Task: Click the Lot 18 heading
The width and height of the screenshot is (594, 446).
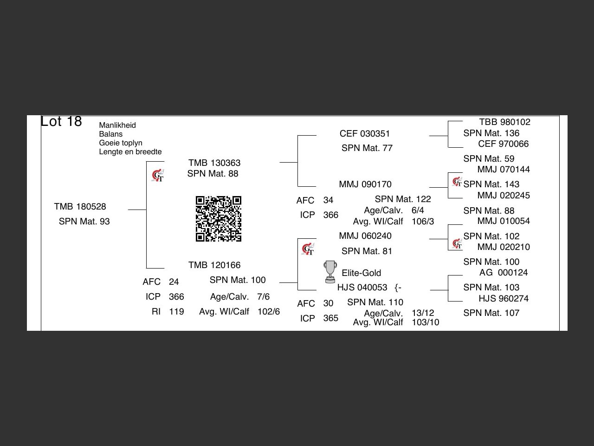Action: coord(61,121)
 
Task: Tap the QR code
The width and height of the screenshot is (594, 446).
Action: coord(218,219)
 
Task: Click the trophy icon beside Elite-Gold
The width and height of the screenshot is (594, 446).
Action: coord(330,272)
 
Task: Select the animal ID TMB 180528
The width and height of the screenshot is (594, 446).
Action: coord(80,207)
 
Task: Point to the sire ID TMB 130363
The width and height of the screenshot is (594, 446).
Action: coord(214,163)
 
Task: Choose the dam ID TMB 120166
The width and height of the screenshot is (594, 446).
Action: coord(214,265)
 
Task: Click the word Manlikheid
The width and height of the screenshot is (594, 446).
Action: coord(117,125)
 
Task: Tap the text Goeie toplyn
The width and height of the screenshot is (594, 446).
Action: coord(121,143)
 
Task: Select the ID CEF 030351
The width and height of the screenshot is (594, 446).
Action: coord(365,134)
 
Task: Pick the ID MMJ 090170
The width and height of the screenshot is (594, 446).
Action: coord(365,184)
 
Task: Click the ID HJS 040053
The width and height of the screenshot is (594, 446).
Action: coord(362,288)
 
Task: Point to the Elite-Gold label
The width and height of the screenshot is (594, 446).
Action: coord(362,273)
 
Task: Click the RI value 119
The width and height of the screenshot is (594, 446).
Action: coord(176,312)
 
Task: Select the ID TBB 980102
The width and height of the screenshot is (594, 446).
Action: coord(505,122)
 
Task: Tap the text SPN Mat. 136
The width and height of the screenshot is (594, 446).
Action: coord(491,133)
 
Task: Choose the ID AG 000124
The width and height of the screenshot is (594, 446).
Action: coord(504,273)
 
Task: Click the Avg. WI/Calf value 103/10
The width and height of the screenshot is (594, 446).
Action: coord(425,322)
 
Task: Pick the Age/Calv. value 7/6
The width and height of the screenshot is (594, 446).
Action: coord(263,297)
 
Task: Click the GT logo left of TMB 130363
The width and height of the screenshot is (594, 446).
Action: coord(158,176)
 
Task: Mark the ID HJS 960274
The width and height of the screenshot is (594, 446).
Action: coord(504,299)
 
